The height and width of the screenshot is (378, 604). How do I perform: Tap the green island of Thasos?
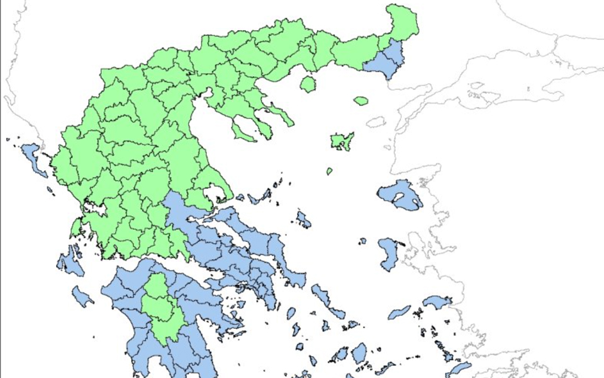pos(307,84)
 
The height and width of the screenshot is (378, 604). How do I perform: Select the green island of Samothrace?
pos(361,100)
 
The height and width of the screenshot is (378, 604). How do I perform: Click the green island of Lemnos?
pos(342,141)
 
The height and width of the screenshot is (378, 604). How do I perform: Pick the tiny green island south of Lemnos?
pos(328,171)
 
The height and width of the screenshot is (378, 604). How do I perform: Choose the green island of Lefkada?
pos(75,226)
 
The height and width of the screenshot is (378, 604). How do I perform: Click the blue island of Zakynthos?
pos(82,296)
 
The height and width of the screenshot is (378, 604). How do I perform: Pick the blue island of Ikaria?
pos(400,312)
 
